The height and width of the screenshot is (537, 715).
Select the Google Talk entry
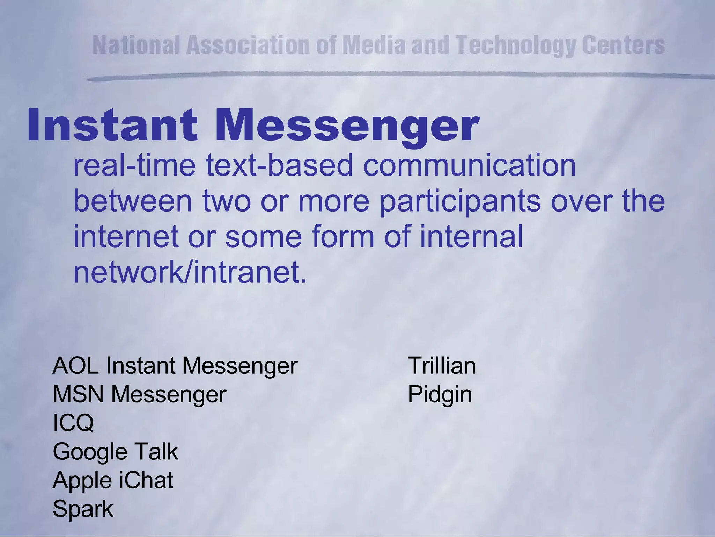115,451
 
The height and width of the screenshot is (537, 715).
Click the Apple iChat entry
113,480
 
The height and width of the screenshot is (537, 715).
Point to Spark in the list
83,509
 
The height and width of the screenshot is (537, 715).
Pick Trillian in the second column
442,366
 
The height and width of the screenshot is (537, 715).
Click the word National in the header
136,45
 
